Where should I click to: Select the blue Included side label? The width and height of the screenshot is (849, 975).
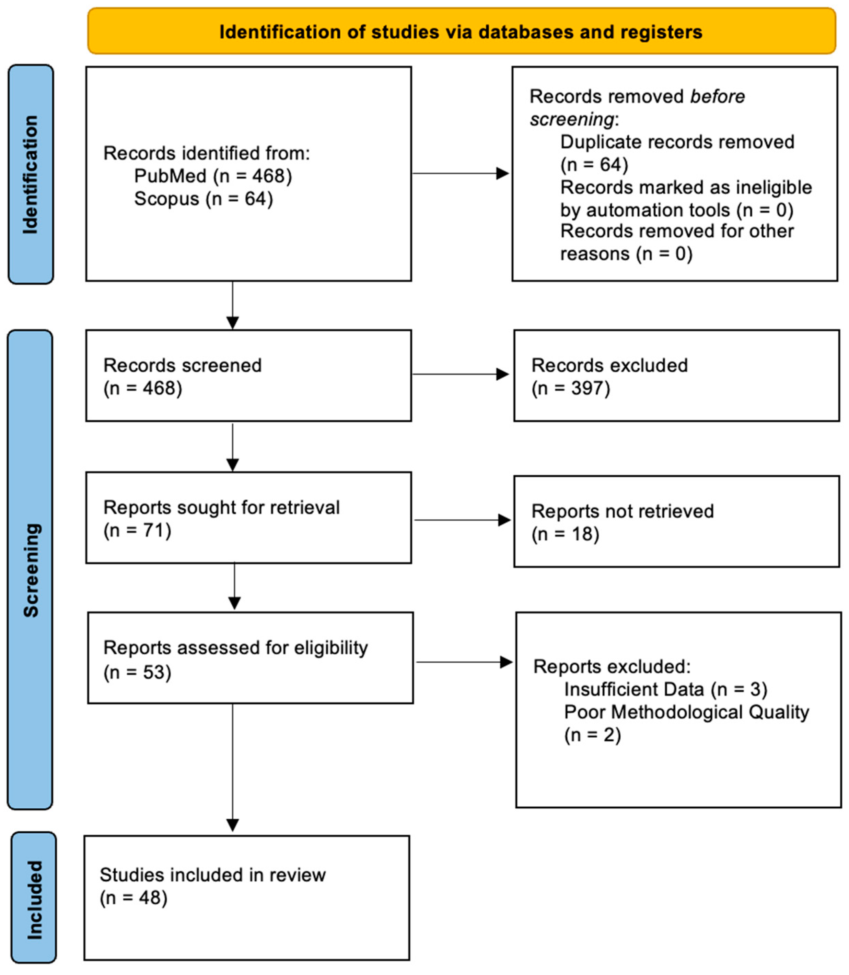34,900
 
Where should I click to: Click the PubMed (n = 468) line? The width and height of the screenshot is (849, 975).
213,176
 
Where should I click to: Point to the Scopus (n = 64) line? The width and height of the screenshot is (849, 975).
203,199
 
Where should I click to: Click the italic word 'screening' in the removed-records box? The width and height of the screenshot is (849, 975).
572,119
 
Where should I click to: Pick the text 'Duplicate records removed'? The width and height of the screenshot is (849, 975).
677,142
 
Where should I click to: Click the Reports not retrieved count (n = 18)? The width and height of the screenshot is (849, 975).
565,534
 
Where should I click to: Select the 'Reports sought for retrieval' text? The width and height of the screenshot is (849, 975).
221,508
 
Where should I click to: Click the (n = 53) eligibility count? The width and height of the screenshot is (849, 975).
137,673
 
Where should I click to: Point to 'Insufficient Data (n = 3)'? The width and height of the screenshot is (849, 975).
665,689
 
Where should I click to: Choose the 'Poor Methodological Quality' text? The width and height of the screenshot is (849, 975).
686,712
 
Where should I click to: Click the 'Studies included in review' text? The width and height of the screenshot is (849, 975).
212,875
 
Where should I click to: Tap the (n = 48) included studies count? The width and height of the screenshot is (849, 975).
133,898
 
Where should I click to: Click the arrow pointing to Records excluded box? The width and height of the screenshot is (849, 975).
461,374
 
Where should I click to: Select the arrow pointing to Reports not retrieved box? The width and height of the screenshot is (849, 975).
462,520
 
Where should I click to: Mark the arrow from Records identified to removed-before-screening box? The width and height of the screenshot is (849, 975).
461,173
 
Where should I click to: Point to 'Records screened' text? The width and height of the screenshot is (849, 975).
183,366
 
